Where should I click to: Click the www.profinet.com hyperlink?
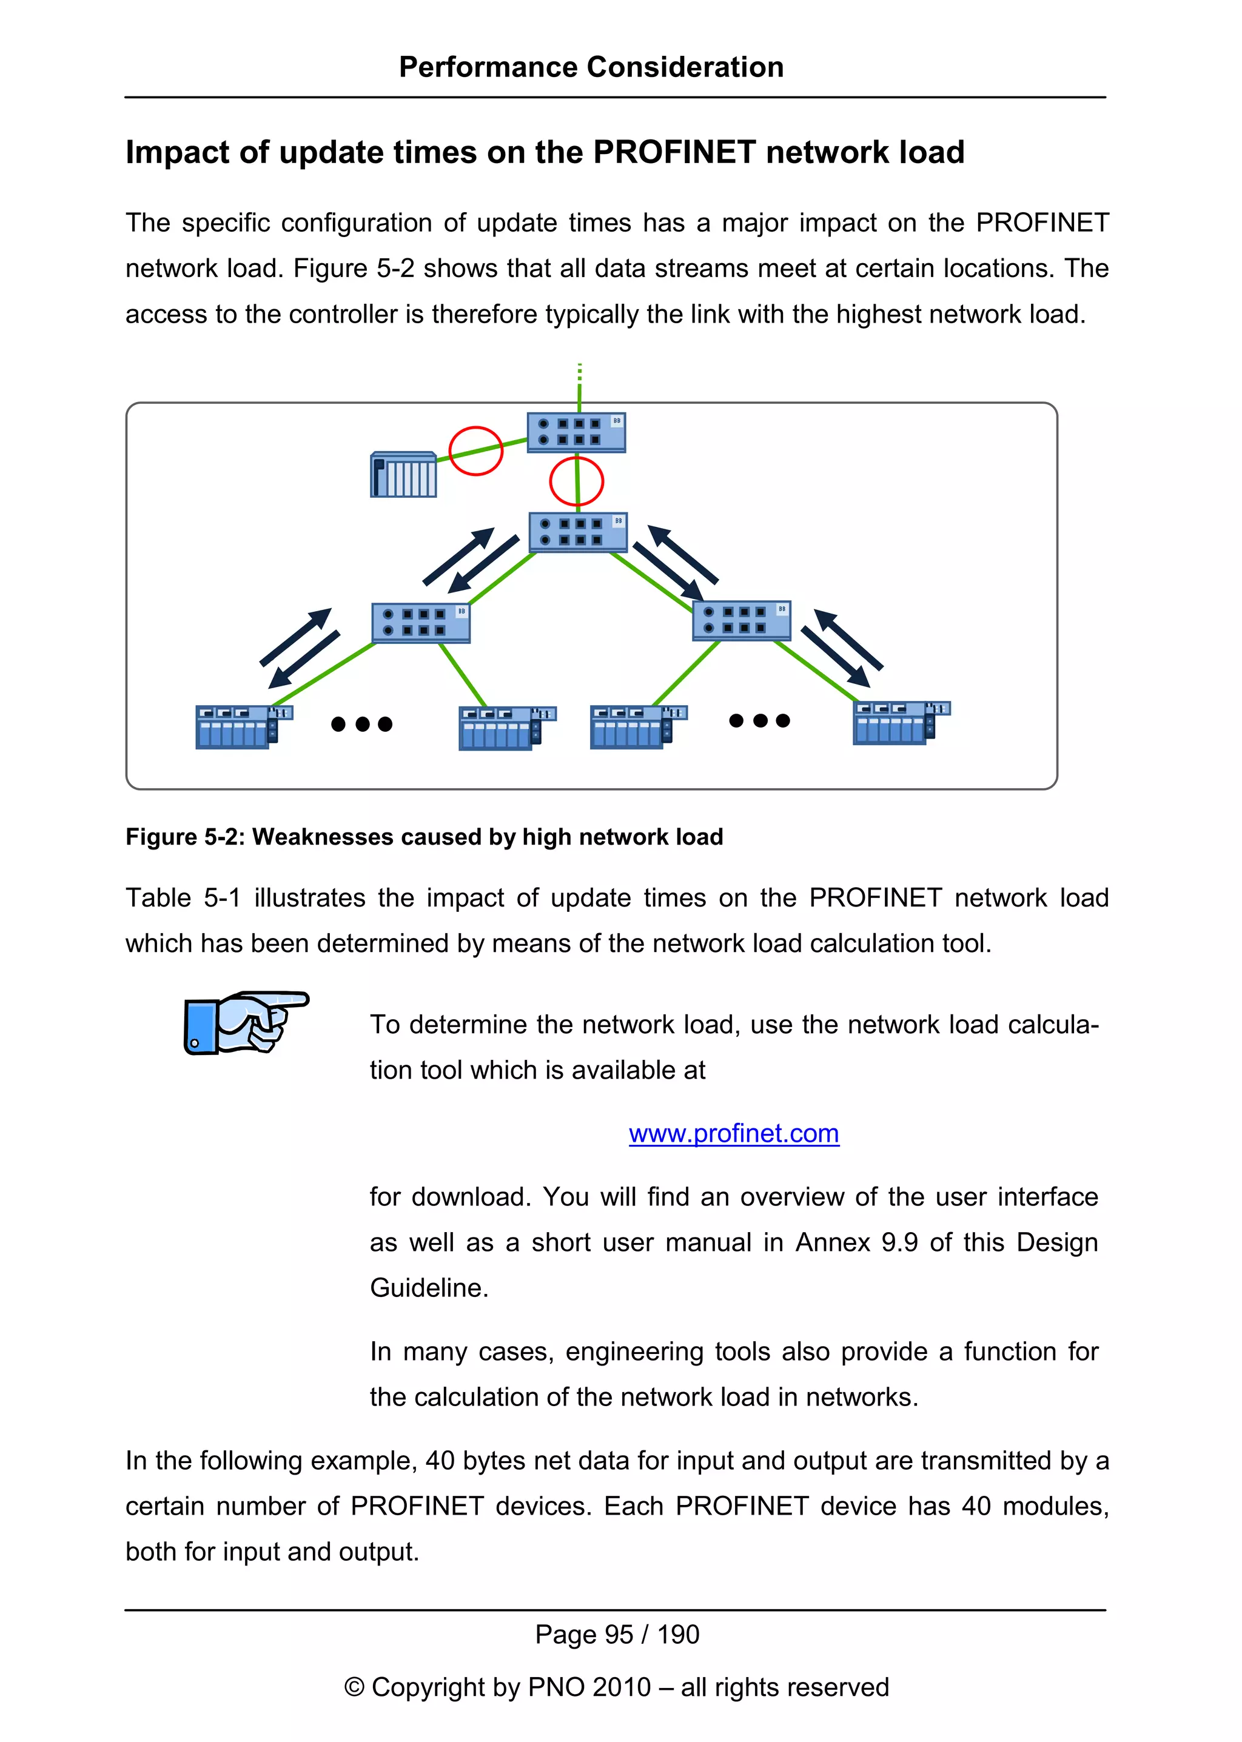tap(733, 1133)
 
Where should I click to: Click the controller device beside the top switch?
tap(403, 475)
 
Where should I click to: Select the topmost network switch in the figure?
tap(576, 432)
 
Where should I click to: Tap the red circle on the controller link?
tap(475, 451)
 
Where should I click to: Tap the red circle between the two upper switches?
tap(577, 481)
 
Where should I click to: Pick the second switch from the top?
tap(578, 532)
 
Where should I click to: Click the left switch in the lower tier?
tap(421, 621)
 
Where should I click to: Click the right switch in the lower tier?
tap(741, 620)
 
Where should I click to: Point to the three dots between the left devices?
tap(361, 724)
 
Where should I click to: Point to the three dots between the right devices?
tap(759, 720)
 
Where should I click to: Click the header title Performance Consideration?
tap(591, 67)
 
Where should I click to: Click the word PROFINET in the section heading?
tap(674, 152)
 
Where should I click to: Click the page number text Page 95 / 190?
tap(616, 1634)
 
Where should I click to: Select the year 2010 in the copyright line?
tap(621, 1687)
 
